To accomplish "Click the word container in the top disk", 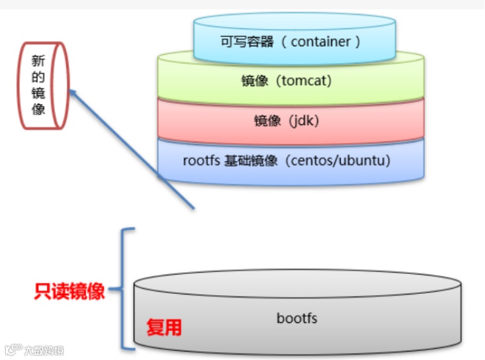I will (x=320, y=42).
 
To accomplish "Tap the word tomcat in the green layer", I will (x=305, y=81).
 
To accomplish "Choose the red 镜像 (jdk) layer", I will (x=291, y=121).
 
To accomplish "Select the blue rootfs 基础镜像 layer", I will (x=291, y=162).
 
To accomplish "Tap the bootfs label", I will (x=297, y=318).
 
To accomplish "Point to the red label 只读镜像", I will (x=69, y=291).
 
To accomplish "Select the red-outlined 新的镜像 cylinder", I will (x=42, y=85).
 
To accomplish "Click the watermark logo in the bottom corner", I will (x=13, y=350).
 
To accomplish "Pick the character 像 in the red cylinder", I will (x=38, y=109).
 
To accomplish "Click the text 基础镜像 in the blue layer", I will (x=251, y=161).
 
